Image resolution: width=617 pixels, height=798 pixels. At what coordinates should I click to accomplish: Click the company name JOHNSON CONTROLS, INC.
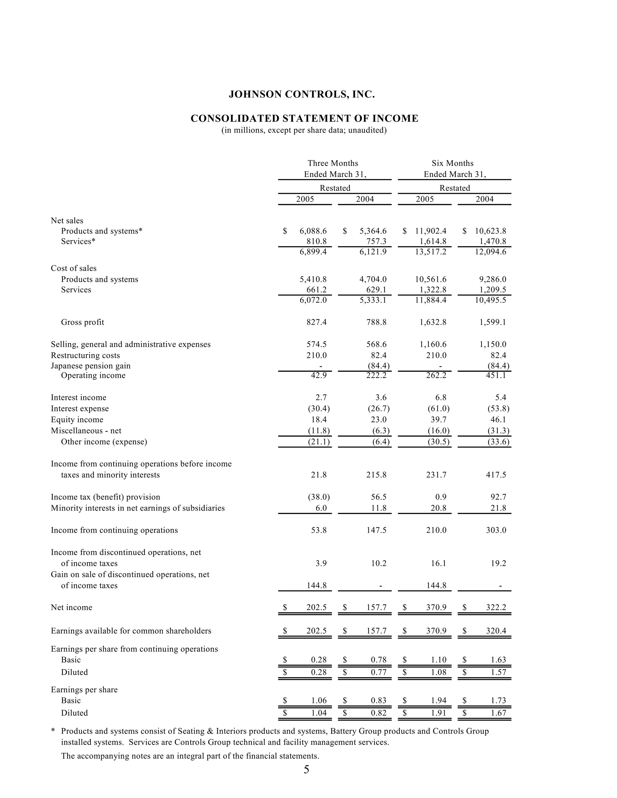click(302, 95)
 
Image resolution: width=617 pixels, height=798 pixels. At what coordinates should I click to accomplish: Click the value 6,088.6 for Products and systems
click(313, 231)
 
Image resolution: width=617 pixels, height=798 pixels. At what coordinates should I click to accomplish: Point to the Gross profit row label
click(82, 322)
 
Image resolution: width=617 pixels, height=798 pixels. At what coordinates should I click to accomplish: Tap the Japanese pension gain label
click(90, 366)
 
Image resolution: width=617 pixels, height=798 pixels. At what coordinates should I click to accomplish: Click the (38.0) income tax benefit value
click(319, 497)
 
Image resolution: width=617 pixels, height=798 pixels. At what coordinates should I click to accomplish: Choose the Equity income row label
click(77, 420)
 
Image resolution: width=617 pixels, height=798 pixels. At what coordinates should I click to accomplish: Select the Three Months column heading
click(333, 163)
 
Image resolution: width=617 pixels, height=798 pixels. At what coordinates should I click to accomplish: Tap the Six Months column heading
click(452, 163)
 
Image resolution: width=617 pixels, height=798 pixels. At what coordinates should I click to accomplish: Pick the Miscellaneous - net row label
click(86, 431)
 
